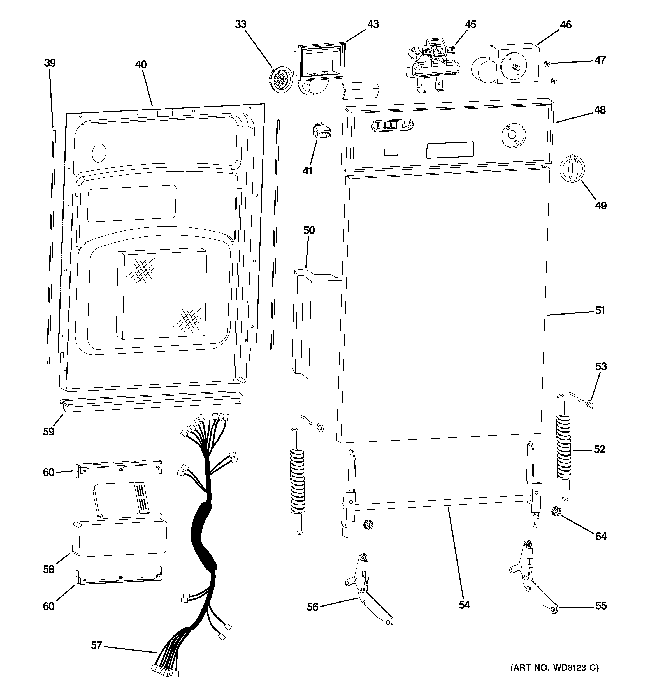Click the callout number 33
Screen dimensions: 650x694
pos(241,24)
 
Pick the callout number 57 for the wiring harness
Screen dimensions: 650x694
pos(96,645)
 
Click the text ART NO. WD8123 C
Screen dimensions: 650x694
pos(554,668)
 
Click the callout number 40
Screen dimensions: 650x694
pos(141,64)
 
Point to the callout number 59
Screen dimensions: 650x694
pos(48,432)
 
